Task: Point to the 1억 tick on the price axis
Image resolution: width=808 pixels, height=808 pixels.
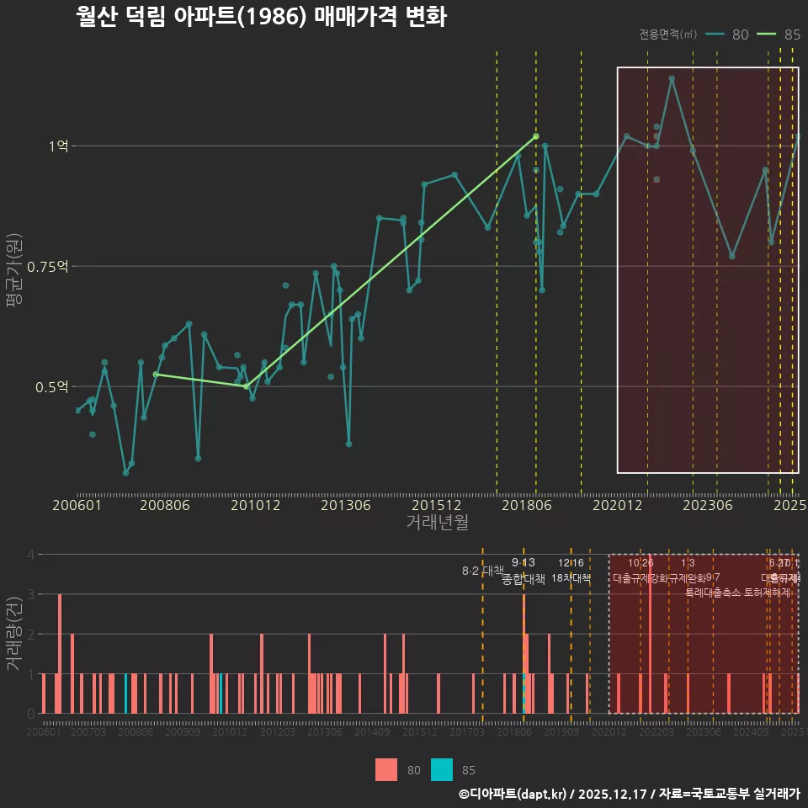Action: point(58,146)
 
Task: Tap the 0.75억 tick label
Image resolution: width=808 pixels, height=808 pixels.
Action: point(51,267)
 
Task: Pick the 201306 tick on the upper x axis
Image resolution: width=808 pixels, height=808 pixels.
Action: point(346,506)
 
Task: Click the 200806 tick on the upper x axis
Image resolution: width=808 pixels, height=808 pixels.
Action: point(163,506)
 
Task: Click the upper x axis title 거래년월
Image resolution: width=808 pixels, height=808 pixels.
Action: point(437,523)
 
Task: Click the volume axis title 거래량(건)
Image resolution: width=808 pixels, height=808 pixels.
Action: point(13,634)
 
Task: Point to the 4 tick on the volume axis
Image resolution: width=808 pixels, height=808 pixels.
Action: point(30,555)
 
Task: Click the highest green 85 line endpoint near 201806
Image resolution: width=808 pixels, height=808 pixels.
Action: point(536,136)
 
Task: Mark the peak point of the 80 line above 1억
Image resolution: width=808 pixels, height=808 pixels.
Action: point(672,78)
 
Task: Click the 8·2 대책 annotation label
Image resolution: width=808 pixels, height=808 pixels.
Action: point(482,571)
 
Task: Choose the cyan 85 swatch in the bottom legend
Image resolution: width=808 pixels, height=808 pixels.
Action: point(442,769)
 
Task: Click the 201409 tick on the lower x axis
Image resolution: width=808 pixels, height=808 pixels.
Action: point(371,733)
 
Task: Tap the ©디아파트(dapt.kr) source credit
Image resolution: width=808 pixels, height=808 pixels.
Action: point(513,794)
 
